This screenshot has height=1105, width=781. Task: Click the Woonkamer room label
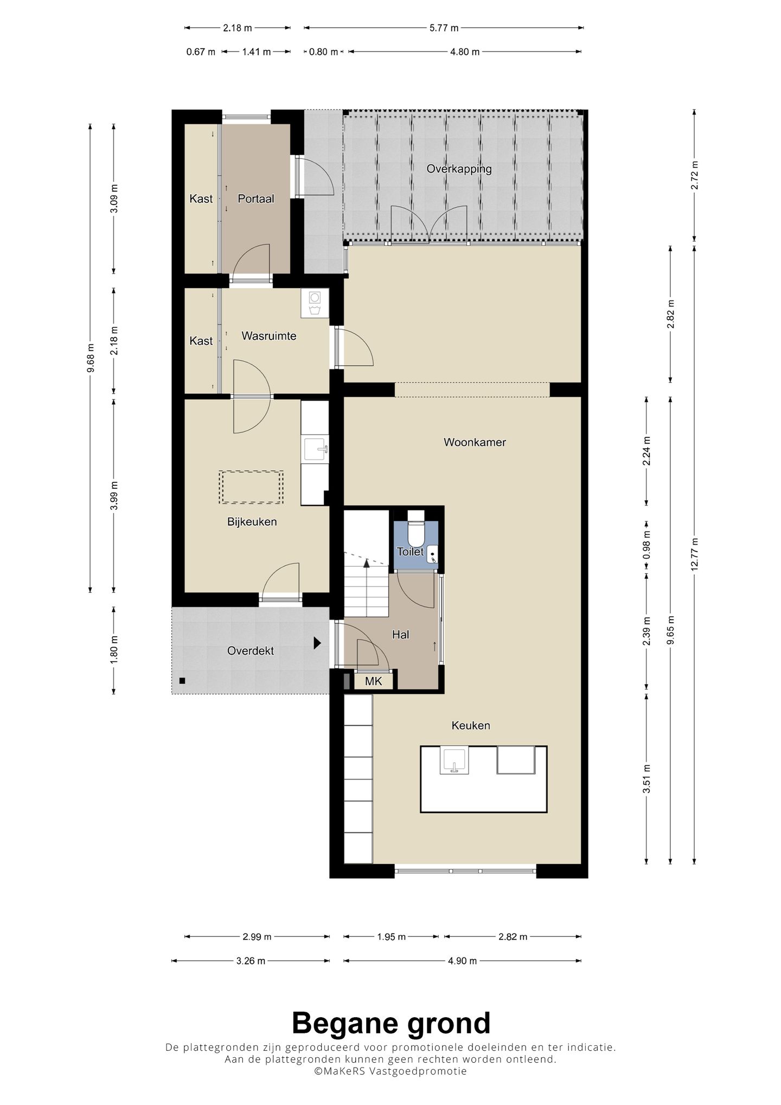tap(475, 442)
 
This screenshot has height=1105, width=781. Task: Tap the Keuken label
tap(471, 725)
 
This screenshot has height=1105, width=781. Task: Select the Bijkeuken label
tap(252, 522)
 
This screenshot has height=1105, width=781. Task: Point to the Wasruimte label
tap(269, 336)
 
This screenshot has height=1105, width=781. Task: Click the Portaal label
tap(256, 199)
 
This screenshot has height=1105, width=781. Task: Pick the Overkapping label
tap(459, 169)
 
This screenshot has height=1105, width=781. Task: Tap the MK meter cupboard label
tap(374, 681)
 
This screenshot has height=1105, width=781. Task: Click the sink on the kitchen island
tap(454, 760)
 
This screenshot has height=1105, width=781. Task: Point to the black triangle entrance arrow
tap(317, 643)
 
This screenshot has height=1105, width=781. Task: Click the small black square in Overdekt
tap(183, 681)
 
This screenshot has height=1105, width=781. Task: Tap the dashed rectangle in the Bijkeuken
tap(251, 487)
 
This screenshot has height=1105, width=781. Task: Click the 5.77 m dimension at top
tap(444, 28)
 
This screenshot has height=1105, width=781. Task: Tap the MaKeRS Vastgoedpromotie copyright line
tap(390, 1071)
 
